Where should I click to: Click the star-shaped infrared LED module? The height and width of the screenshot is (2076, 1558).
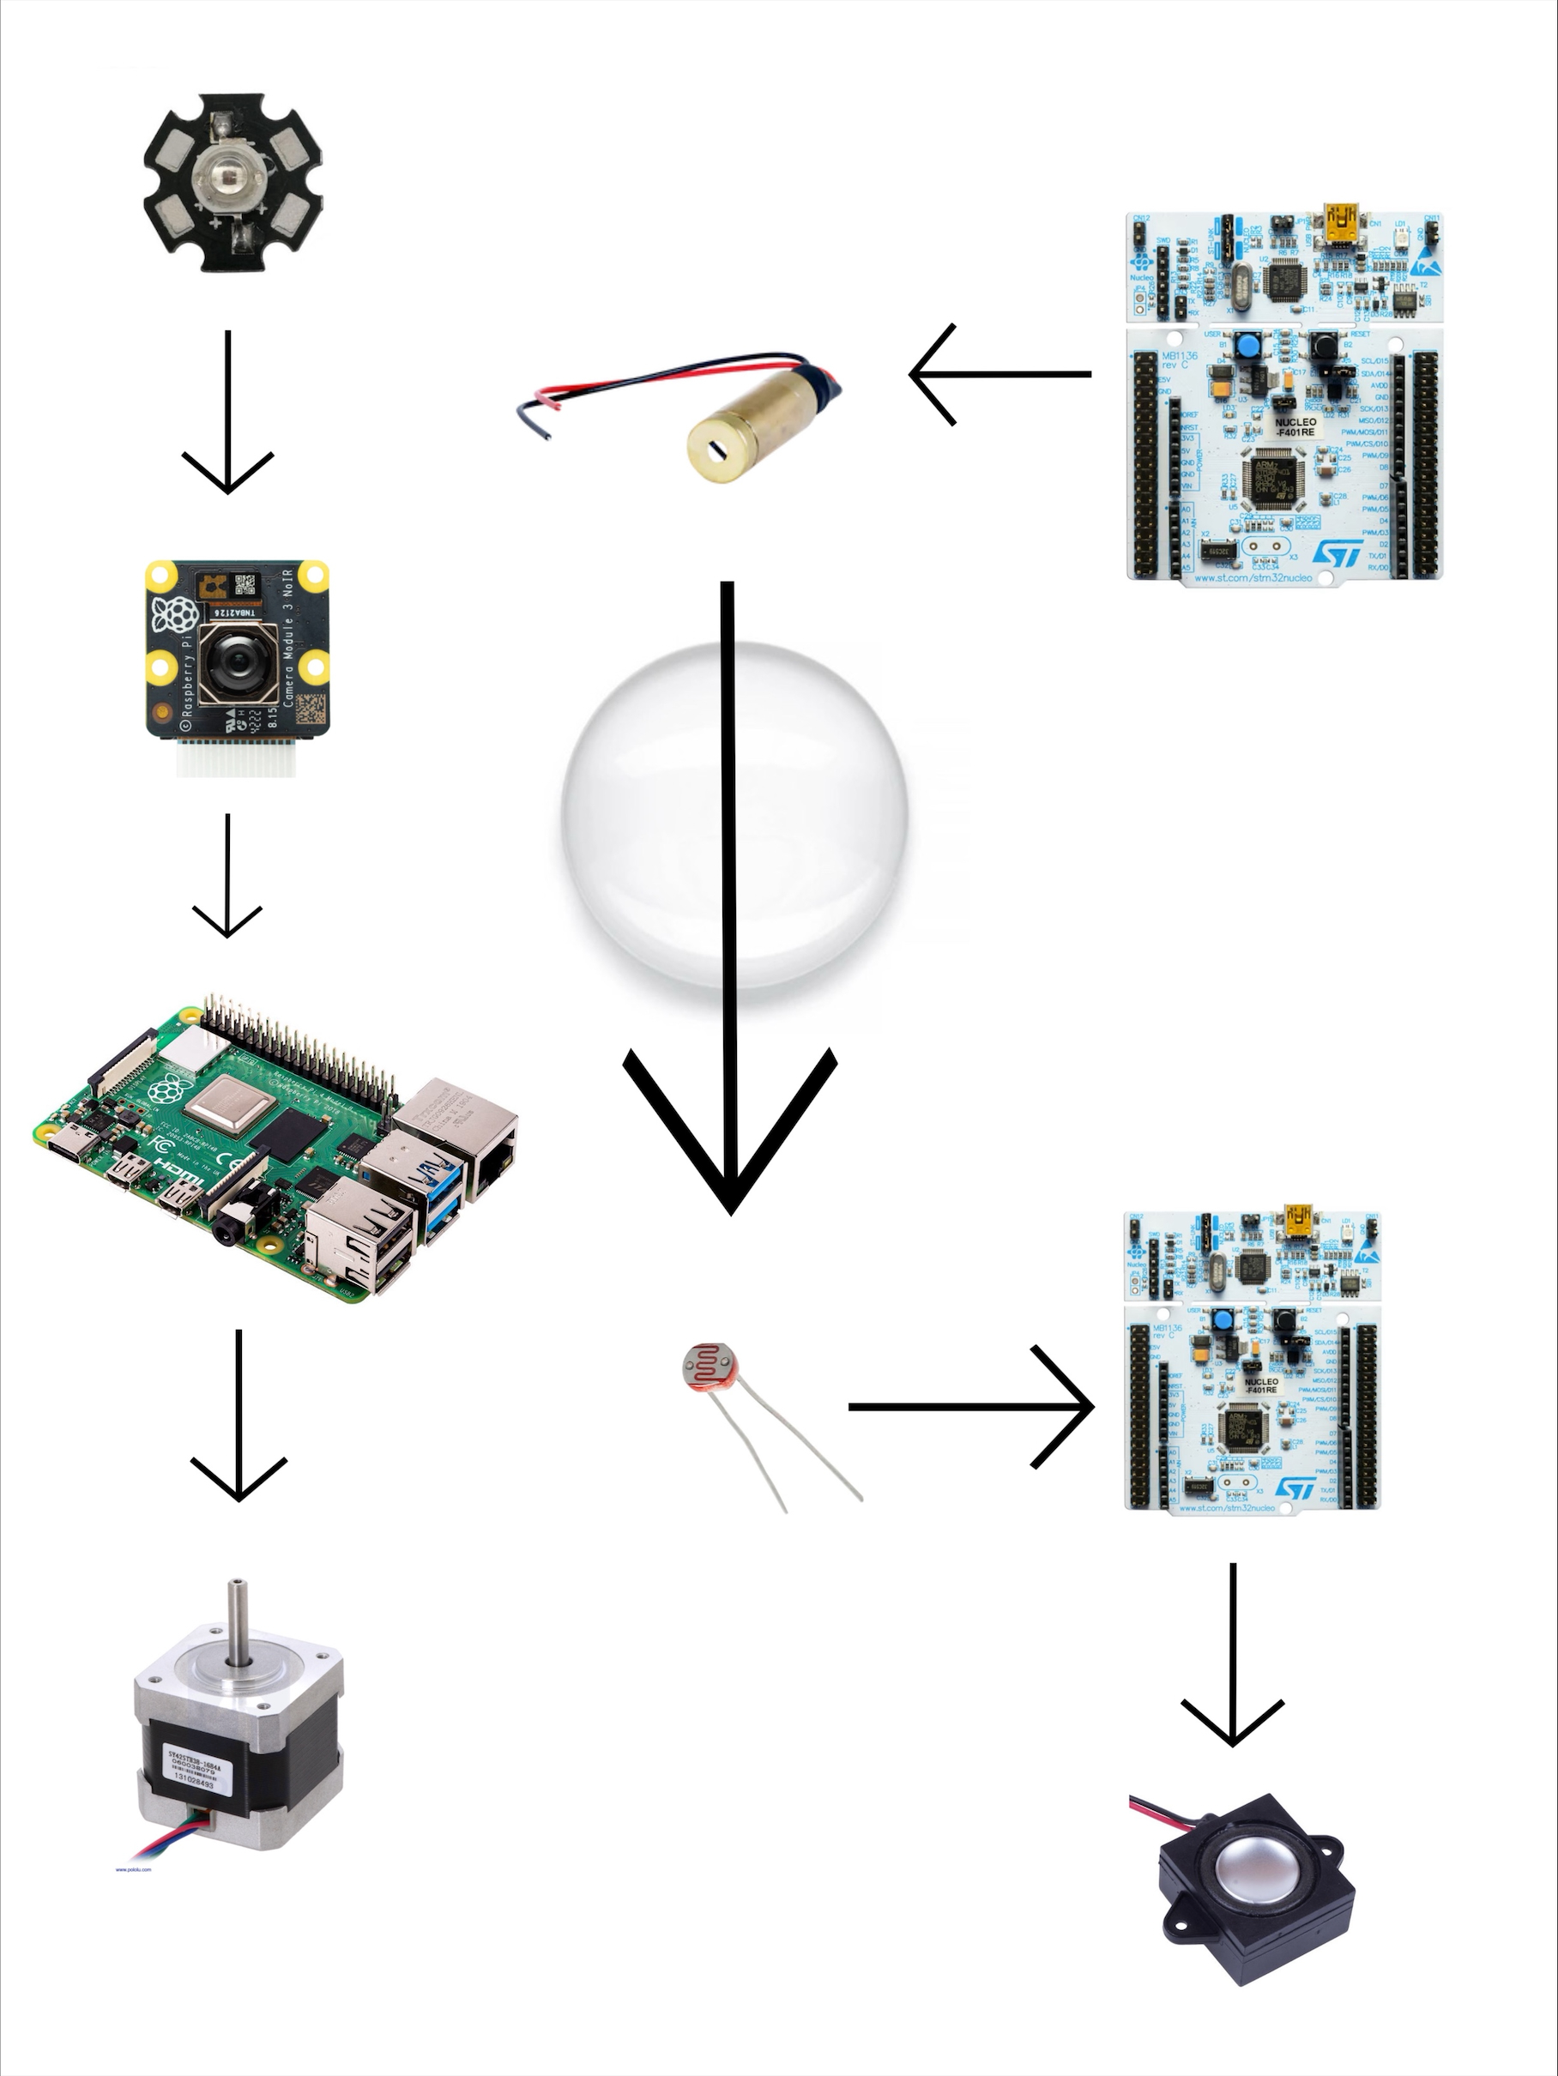click(x=232, y=182)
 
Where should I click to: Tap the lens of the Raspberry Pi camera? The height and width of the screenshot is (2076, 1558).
click(x=232, y=662)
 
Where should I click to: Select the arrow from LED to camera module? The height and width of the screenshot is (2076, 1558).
click(x=227, y=413)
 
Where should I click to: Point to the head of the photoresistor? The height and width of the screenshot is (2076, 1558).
click(x=710, y=1372)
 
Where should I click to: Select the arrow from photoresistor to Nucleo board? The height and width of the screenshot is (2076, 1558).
click(x=972, y=1407)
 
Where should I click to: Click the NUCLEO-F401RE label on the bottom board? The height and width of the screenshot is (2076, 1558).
click(x=1260, y=1385)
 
